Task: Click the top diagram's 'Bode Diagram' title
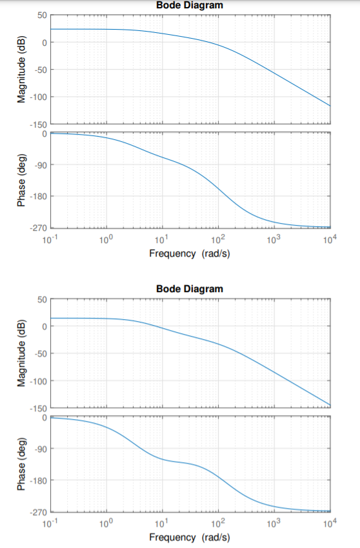pyautogui.click(x=189, y=5)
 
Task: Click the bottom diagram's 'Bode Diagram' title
pyautogui.click(x=189, y=289)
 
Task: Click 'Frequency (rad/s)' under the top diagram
pyautogui.click(x=189, y=253)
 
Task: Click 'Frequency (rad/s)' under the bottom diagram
pyautogui.click(x=189, y=537)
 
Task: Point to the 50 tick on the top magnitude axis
pyautogui.click(x=39, y=15)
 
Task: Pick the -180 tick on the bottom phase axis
pyautogui.click(x=36, y=480)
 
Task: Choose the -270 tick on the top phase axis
pyautogui.click(x=36, y=228)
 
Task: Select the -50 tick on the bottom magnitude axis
pyautogui.click(x=38, y=353)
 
